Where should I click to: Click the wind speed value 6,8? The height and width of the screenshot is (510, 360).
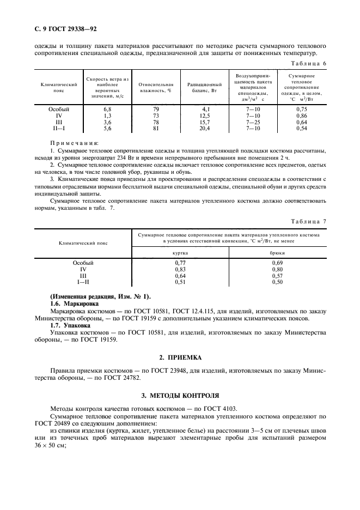pos(107,109)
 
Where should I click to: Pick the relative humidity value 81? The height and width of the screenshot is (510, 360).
pos(155,128)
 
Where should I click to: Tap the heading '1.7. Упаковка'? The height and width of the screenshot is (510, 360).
pos(72,325)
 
